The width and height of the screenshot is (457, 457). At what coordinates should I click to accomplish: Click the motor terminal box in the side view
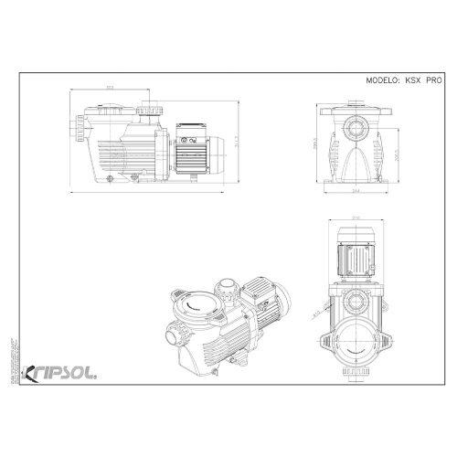193,140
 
